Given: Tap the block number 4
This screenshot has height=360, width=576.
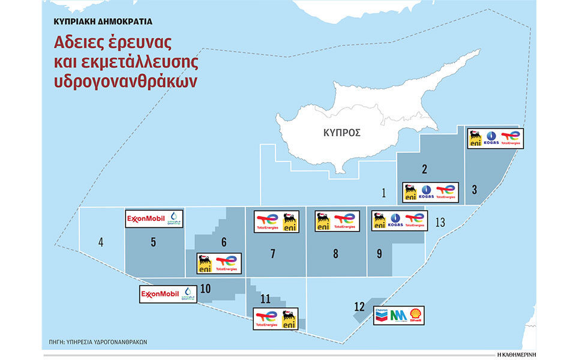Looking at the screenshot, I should point(101,242).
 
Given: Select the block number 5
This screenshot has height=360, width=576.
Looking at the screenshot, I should point(154,242).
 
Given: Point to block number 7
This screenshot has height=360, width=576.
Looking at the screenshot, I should point(273,254).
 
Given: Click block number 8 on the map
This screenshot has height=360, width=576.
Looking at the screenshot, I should point(335,254).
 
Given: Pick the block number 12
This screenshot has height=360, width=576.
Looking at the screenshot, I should point(359,307).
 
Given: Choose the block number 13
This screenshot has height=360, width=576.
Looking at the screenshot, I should point(440,223).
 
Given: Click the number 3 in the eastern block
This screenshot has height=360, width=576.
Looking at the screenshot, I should point(474,190).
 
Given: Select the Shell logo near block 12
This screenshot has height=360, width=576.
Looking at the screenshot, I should point(415,315).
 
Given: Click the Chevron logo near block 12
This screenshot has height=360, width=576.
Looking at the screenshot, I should point(382,314).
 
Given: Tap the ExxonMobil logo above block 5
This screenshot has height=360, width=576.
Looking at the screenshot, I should point(147,218).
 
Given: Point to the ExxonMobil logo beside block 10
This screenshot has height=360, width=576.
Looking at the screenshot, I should point(161,294).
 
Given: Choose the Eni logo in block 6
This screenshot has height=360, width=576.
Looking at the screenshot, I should point(205,263).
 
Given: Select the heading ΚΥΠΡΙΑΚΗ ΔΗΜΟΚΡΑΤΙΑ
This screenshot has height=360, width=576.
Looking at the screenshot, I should point(103,21).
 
